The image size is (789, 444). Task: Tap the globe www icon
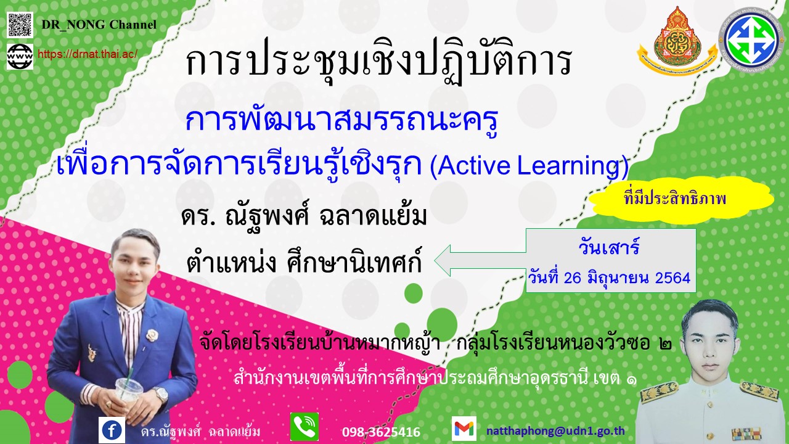pyautogui.click(x=20, y=56)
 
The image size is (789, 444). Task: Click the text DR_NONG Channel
pyautogui.click(x=99, y=25)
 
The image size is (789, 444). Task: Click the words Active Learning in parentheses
pyautogui.click(x=529, y=166)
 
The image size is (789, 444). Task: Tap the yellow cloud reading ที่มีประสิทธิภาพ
pyautogui.click(x=682, y=199)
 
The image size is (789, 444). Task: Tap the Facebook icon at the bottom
pyautogui.click(x=112, y=429)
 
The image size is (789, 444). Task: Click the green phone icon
pyautogui.click(x=305, y=427)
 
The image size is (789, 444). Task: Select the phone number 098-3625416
pyautogui.click(x=381, y=432)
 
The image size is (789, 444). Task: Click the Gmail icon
pyautogui.click(x=464, y=429)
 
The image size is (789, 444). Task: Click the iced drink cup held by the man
pyautogui.click(x=129, y=392)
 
